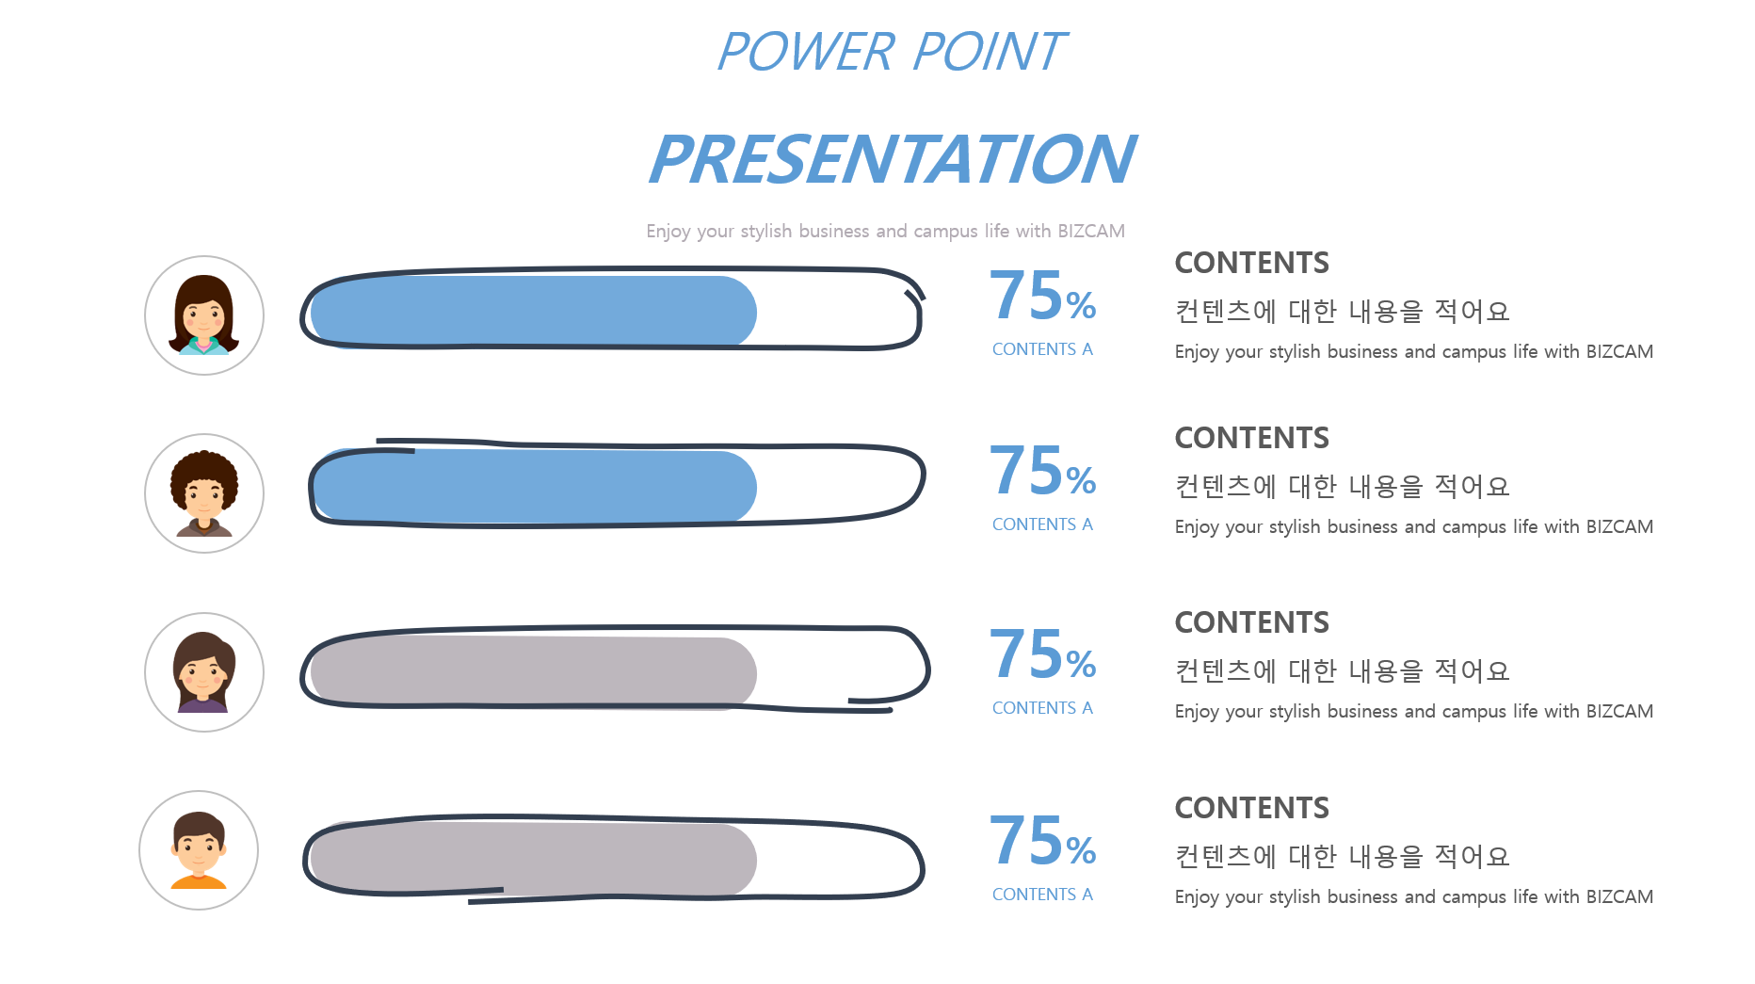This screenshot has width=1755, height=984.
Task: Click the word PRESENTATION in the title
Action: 892,159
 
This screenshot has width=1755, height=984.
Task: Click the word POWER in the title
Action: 806,52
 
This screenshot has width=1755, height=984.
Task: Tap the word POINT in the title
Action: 989,52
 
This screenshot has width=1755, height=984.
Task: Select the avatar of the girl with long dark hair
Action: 204,315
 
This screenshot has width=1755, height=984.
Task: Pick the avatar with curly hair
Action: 204,493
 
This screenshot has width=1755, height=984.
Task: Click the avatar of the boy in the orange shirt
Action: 199,850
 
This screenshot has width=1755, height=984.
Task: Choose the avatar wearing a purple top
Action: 204,672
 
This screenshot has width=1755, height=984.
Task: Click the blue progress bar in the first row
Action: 534,312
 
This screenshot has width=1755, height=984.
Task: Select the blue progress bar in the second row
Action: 535,487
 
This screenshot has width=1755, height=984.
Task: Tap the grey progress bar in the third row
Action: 534,672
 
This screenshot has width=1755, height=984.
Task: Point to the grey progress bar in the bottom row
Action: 534,859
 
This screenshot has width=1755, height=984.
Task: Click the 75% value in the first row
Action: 1042,296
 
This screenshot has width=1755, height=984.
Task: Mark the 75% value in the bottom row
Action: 1042,840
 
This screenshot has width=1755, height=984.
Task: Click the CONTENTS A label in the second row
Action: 1042,524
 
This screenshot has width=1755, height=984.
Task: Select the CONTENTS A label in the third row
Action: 1042,708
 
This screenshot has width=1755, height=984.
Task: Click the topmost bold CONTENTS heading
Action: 1252,263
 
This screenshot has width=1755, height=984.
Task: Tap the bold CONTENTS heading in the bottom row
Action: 1252,808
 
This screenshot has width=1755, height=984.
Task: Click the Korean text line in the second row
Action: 1342,486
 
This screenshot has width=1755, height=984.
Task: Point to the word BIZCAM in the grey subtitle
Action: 1090,231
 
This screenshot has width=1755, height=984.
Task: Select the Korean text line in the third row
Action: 1342,670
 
